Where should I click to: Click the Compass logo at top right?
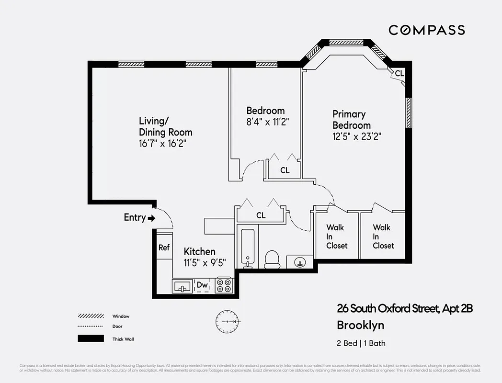click(x=426, y=30)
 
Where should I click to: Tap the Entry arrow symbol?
click(x=152, y=218)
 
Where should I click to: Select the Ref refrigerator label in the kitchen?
click(x=164, y=248)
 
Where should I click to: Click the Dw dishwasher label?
click(x=203, y=285)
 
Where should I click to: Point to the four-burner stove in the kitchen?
click(x=224, y=285)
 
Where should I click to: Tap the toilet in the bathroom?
click(x=272, y=259)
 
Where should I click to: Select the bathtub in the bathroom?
click(x=247, y=248)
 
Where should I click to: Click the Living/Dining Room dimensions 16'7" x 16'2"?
click(x=162, y=144)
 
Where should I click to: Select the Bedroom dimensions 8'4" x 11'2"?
click(x=266, y=122)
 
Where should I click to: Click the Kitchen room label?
click(x=200, y=251)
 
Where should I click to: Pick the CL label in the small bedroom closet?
click(x=285, y=170)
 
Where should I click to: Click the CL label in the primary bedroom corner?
click(x=399, y=74)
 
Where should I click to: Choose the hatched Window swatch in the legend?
click(x=91, y=316)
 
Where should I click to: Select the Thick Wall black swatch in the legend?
click(x=91, y=338)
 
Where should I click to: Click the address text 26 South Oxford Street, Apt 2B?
click(x=405, y=309)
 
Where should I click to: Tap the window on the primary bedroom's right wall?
click(x=409, y=113)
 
